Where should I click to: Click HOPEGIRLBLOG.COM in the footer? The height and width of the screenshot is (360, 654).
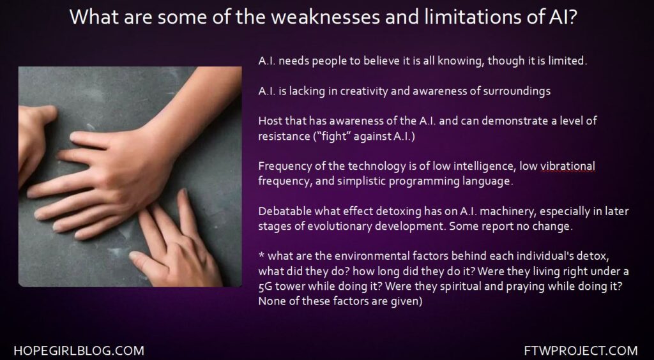tap(79, 350)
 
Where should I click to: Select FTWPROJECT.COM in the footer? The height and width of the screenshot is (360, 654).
tap(581, 350)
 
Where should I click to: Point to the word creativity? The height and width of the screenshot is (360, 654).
tap(364, 91)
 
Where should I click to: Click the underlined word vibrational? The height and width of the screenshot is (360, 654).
tap(568, 166)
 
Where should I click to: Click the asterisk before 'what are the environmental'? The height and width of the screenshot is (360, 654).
tap(261, 254)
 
